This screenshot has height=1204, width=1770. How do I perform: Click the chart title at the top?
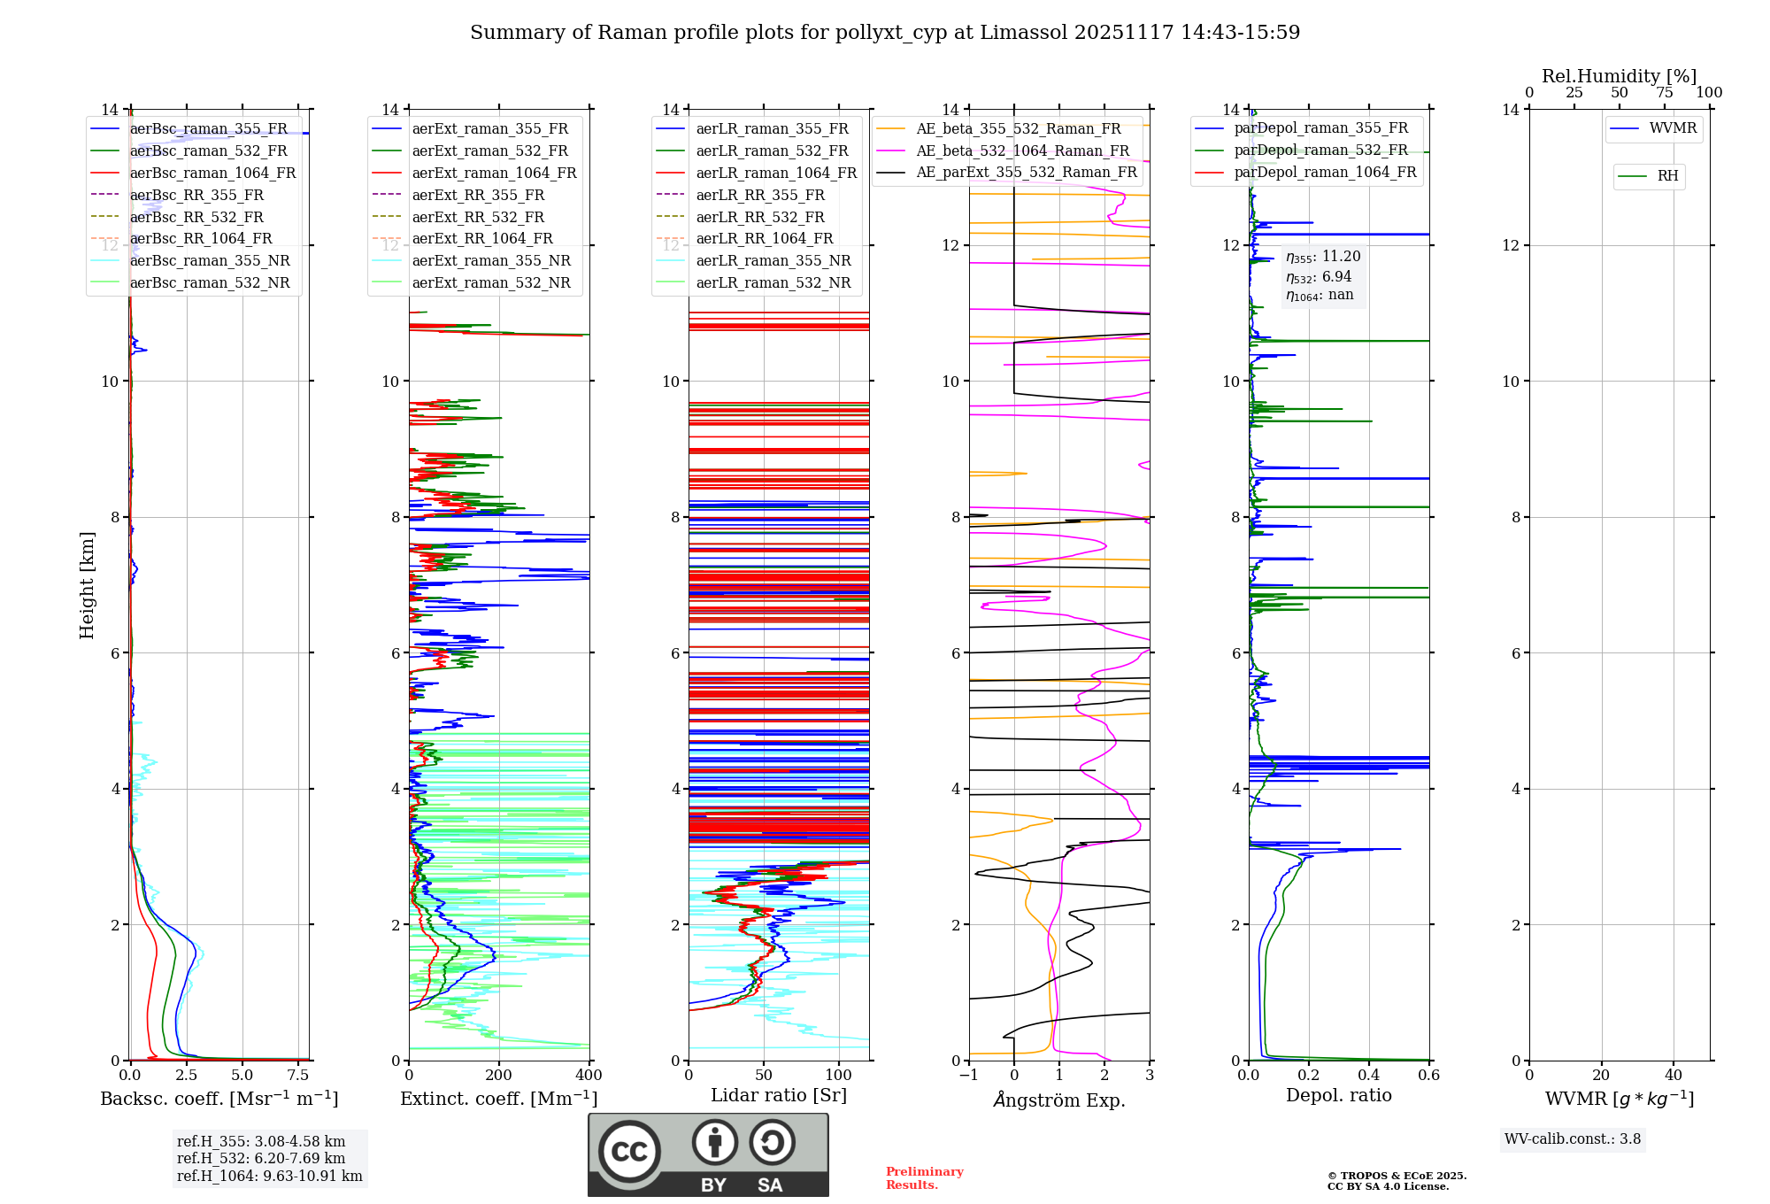pos(885,33)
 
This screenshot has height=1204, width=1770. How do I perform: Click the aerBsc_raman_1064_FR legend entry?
pos(212,173)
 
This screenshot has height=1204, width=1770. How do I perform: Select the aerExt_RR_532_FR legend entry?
pos(478,217)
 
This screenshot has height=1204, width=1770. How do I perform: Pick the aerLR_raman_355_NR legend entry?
pos(773,260)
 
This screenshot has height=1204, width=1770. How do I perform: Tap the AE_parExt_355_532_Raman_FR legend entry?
pos(1026,172)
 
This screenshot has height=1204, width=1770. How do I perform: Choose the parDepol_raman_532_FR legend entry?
pos(1320,150)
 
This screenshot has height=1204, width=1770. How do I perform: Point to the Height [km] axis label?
pos(87,584)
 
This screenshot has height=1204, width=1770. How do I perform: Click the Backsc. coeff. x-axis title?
pos(219,1099)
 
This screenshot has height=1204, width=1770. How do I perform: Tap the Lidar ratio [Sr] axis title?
pos(778,1095)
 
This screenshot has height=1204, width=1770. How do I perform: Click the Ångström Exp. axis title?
pos(1058,1100)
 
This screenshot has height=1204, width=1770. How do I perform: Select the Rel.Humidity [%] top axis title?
pos(1619,76)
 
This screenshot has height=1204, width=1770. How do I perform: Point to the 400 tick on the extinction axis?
pos(589,1076)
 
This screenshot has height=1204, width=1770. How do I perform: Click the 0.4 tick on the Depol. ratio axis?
pos(1368,1076)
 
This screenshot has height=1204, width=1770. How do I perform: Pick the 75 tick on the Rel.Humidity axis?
pos(1664,93)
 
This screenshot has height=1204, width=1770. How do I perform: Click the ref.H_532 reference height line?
pos(260,1158)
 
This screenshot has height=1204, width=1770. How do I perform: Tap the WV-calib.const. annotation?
pos(1572,1139)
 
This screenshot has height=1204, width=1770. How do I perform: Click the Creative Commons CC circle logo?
pos(629,1152)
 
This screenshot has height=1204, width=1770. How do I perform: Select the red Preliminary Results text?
pos(924,1177)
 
